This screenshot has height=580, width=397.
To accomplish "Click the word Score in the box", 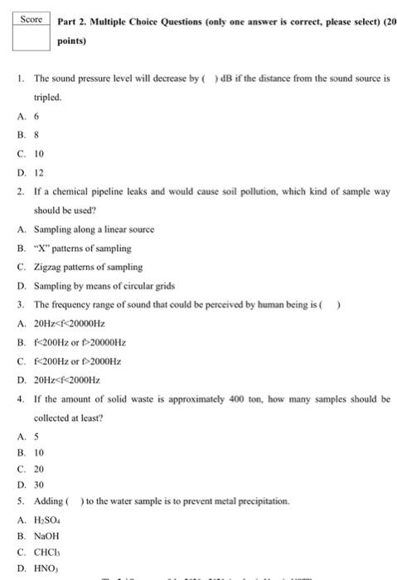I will pos(31,18).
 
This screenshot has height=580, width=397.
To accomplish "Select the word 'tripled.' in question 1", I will pos(48,96).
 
